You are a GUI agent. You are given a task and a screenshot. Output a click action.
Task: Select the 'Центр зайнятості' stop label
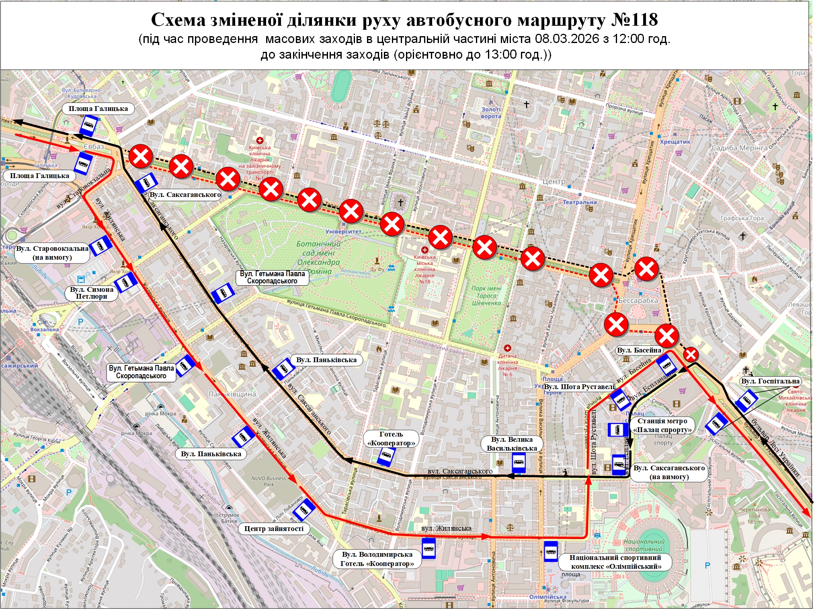tap(274, 529)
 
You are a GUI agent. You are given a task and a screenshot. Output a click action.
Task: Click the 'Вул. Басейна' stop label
tap(639, 350)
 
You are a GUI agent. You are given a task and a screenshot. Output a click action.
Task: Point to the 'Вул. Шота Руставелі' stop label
tap(579, 387)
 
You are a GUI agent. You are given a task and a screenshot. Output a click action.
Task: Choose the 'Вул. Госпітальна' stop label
tap(770, 381)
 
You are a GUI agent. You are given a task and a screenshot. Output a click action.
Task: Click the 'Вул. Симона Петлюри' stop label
tap(92, 293)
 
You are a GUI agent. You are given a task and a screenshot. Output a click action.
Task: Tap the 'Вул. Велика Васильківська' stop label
tap(512, 444)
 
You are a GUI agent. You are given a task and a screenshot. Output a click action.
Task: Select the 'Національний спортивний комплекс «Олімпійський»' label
tap(615, 562)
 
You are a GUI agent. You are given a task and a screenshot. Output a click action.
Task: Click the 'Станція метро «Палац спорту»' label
tap(662, 425)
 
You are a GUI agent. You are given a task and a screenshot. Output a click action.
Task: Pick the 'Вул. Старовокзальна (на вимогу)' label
tap(52, 253)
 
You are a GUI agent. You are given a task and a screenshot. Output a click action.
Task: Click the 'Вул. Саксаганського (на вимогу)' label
tap(669, 472)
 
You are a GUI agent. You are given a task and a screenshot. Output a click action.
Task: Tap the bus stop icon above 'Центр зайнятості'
tap(304, 510)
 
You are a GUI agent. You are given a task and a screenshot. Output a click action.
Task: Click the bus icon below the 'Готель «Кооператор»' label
tap(386, 457)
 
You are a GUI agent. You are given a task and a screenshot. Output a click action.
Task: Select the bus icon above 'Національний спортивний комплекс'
tap(551, 551)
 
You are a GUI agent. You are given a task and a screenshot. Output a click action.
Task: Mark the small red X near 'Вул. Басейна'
tap(691, 355)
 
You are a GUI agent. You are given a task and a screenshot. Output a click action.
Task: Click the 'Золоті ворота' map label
tap(491, 113)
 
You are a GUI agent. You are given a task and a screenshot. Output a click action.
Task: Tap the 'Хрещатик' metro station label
tap(675, 142)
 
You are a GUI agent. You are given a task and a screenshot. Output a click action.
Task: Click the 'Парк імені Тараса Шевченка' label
tap(486, 295)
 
